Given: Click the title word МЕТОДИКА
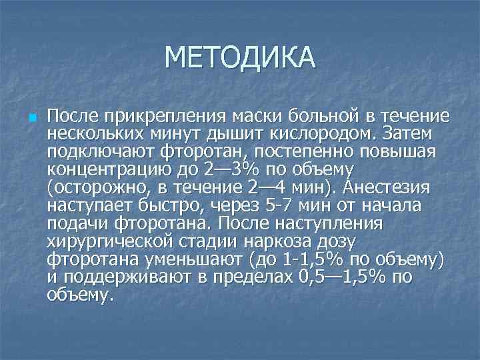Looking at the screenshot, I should click(x=239, y=57).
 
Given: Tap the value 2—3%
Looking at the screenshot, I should click(x=239, y=168).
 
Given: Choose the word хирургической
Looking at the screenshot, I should click(x=108, y=237).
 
